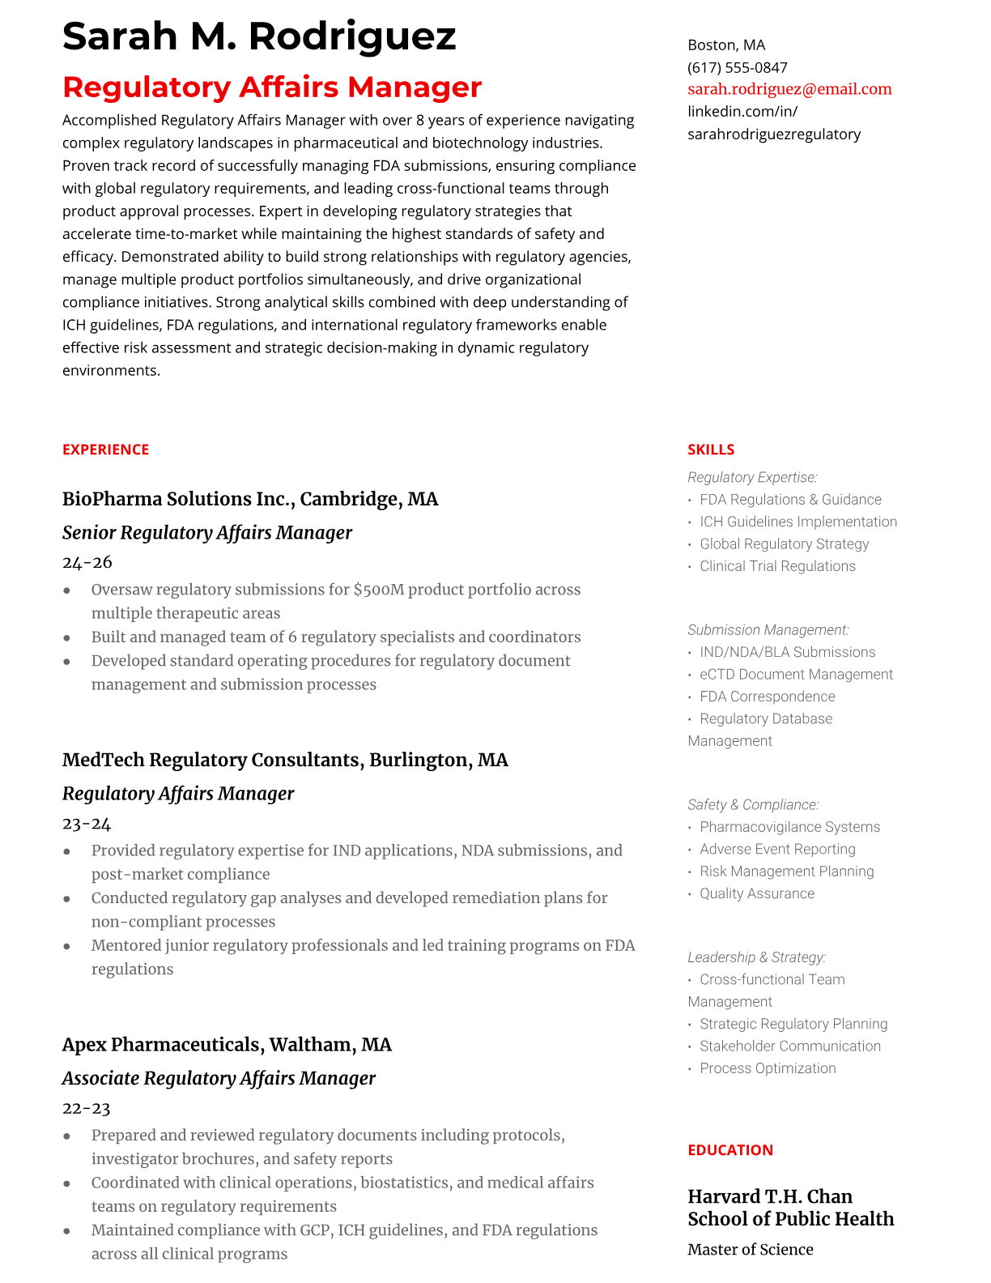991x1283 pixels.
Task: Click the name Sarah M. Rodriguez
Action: (259, 36)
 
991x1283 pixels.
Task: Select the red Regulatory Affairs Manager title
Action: (272, 87)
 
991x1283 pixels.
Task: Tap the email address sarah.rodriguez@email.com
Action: (789, 89)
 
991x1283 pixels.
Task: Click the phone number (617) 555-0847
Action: (737, 67)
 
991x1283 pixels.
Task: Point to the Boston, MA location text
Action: (726, 45)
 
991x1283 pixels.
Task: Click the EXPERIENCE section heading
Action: (105, 450)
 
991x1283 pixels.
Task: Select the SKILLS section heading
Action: (711, 450)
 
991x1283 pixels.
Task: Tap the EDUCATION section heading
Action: (729, 1150)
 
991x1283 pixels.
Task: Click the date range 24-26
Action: (87, 562)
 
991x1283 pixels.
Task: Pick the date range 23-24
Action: (87, 824)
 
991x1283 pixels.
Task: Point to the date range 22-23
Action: (86, 1108)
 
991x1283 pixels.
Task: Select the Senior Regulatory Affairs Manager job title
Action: (207, 533)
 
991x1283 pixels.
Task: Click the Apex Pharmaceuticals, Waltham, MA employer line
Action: (227, 1045)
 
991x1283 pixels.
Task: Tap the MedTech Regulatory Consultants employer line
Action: (285, 760)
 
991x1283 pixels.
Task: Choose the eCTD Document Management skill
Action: (796, 674)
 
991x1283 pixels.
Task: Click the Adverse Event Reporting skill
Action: (777, 849)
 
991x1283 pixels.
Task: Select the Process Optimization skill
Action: (768, 1068)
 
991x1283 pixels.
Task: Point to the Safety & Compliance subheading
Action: (753, 804)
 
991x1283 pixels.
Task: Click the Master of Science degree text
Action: (750, 1250)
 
